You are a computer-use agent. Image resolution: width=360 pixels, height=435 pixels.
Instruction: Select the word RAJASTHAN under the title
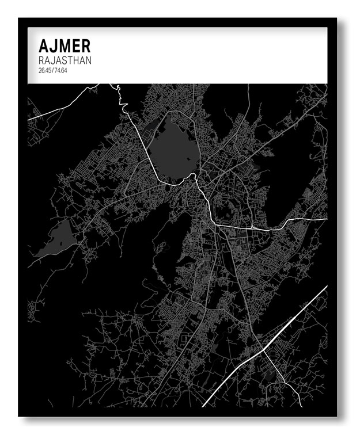(65, 60)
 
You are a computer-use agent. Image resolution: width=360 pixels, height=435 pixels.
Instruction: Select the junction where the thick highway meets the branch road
(263, 349)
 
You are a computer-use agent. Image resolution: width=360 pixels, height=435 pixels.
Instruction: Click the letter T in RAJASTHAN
(73, 60)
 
